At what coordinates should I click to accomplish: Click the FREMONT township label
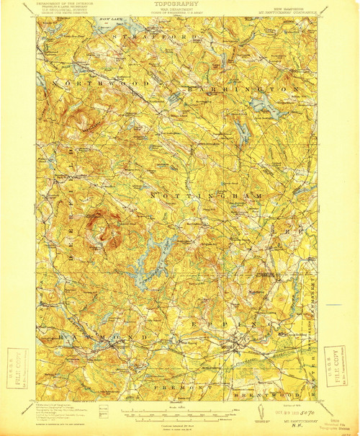coord(180,388)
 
